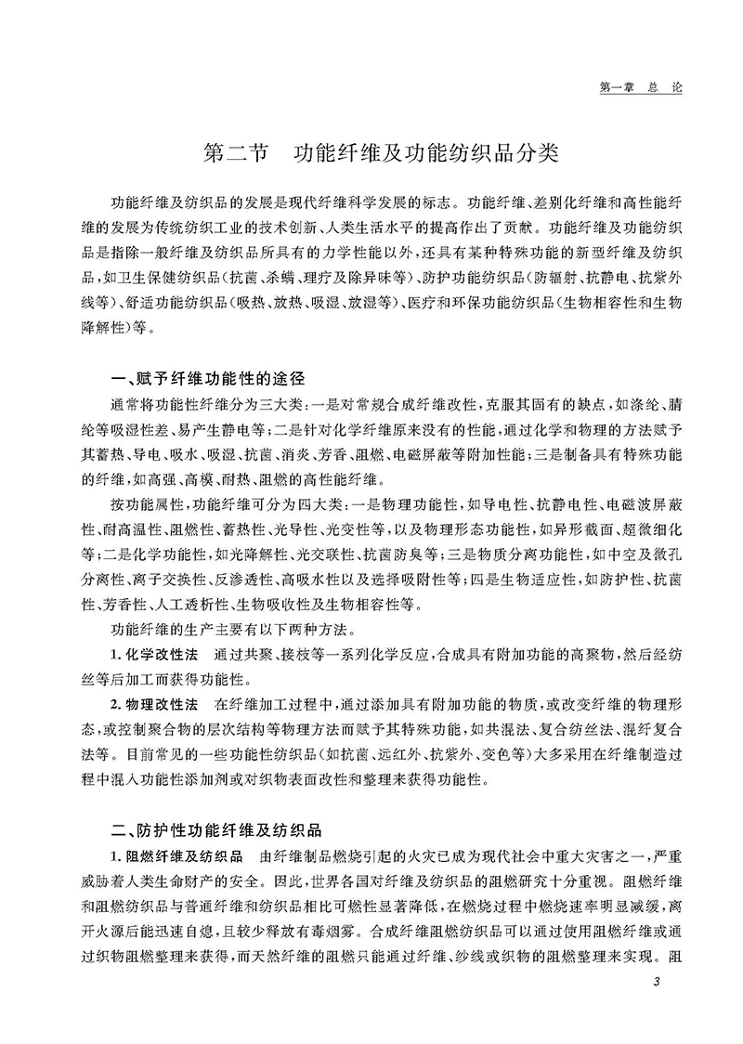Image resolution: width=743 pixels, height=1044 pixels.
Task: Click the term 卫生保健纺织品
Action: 188,277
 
